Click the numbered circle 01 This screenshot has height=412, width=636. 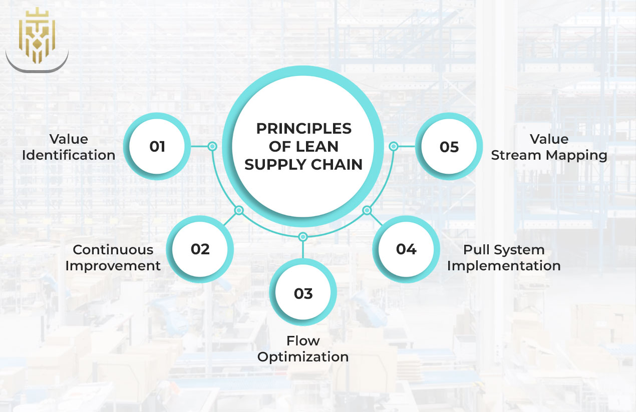(157, 146)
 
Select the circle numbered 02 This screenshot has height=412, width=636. (200, 249)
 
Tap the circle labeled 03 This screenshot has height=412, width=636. (303, 293)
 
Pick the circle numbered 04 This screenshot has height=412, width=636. (406, 249)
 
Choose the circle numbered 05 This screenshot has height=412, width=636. (449, 146)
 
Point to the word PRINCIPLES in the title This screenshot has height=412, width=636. (303, 129)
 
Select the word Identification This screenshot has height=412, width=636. (69, 155)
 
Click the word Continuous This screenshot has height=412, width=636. (113, 249)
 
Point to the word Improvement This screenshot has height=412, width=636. (113, 265)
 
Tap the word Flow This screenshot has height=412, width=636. (303, 341)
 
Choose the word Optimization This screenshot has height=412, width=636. (303, 357)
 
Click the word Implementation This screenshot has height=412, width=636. (504, 265)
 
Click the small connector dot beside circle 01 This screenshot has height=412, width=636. (212, 146)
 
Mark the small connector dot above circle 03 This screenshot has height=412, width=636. (302, 236)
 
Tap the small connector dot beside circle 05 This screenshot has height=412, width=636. (394, 146)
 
